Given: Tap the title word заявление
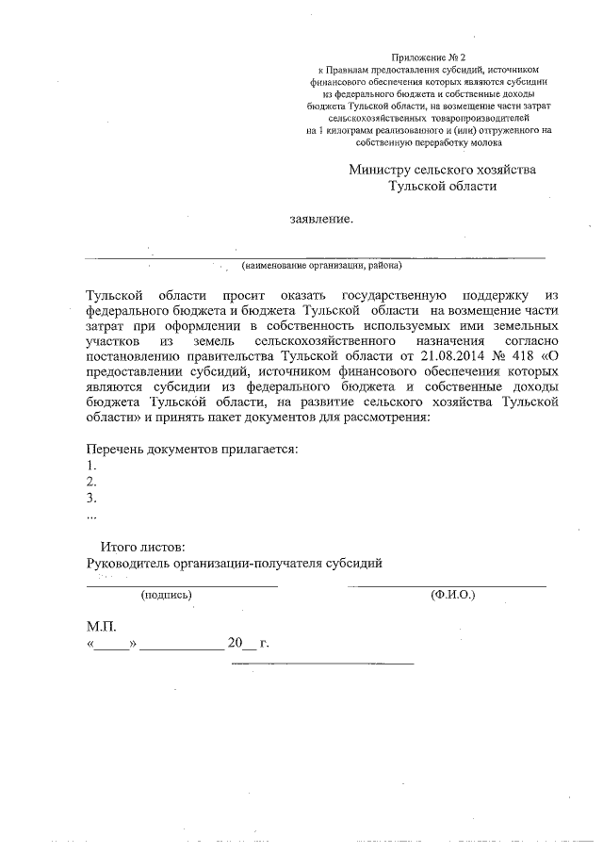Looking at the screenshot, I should click(x=321, y=220).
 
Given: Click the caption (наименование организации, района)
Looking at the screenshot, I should click(x=320, y=266).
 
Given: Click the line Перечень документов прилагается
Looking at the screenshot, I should click(x=192, y=448).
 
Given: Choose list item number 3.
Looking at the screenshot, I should click(x=91, y=498).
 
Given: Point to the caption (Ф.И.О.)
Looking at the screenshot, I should click(x=452, y=596).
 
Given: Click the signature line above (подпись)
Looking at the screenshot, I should click(x=182, y=585).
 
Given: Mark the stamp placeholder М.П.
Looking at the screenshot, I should click(x=101, y=626).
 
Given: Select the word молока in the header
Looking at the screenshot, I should click(x=483, y=143).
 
